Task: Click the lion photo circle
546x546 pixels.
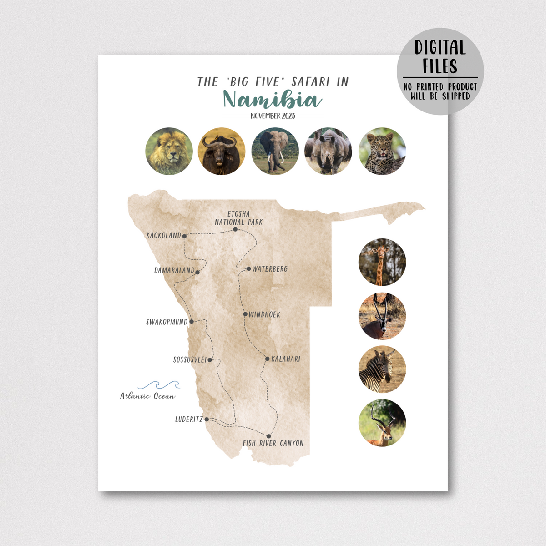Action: [169, 151]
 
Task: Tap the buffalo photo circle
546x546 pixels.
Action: [222, 151]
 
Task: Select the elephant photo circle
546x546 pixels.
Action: [275, 151]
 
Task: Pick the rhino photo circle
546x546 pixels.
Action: [328, 151]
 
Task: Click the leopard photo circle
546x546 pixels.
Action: [382, 151]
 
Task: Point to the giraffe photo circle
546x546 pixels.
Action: [382, 262]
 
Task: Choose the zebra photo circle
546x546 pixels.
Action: [382, 369]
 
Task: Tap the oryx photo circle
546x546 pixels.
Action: [382, 316]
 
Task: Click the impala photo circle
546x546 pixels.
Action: [382, 423]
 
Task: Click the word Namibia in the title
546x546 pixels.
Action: [273, 100]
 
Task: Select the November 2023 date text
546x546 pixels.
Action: [273, 116]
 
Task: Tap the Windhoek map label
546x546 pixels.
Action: [264, 314]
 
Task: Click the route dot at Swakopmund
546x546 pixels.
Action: [192, 322]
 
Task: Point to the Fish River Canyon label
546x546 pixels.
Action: [273, 443]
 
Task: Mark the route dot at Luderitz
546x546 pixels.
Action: [207, 419]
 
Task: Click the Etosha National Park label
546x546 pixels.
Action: [239, 218]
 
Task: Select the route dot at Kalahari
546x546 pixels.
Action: [268, 359]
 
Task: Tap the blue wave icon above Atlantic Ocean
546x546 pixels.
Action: [159, 385]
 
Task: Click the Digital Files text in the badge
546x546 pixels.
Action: [440, 57]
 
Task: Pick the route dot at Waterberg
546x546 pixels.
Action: [248, 269]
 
